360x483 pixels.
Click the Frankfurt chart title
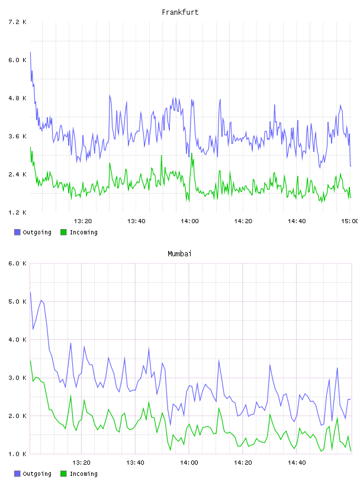click(180, 12)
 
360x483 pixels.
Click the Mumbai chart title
click(179, 254)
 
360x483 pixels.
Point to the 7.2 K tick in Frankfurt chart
click(17, 22)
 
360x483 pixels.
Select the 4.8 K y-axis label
click(17, 98)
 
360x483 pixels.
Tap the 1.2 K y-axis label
click(17, 212)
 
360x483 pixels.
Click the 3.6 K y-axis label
click(17, 137)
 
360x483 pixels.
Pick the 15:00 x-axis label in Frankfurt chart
click(349, 221)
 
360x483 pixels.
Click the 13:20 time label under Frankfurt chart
click(83, 221)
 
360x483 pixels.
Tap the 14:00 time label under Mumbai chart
click(189, 463)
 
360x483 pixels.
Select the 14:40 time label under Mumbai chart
click(297, 463)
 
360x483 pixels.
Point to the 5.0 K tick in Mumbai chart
click(17, 301)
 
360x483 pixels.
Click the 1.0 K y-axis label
click(17, 454)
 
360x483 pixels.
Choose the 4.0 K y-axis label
click(17, 340)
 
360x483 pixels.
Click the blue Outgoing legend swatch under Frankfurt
click(17, 232)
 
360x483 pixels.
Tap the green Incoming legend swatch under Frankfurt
click(63, 232)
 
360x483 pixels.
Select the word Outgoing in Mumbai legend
click(37, 474)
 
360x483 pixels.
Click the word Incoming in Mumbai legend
click(83, 474)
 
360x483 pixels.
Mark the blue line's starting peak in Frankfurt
click(30, 52)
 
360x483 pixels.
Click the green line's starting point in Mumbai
click(30, 360)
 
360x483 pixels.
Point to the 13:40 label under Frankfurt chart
click(136, 221)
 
